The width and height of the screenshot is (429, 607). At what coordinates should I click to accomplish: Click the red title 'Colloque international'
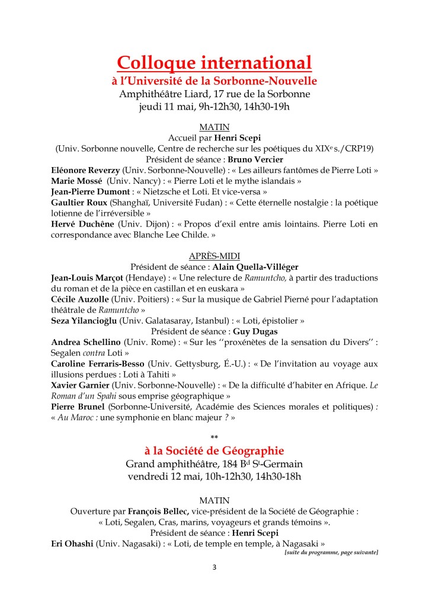click(214, 62)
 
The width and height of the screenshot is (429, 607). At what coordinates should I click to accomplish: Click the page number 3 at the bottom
click(214, 567)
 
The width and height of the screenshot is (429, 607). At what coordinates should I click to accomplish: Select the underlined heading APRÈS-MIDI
click(214, 255)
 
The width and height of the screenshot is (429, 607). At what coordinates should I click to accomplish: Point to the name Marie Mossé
click(75, 181)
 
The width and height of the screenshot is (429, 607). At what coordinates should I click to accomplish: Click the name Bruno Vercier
click(257, 159)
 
